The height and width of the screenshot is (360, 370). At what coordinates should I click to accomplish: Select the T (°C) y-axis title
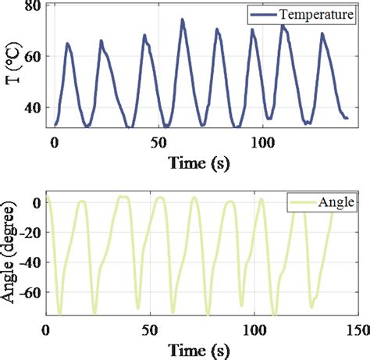(x=11, y=69)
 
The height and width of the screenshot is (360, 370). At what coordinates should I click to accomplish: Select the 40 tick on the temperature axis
(x=33, y=108)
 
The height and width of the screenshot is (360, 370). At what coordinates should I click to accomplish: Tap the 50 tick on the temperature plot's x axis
(x=158, y=142)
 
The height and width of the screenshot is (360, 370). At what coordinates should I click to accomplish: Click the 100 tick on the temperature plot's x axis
(x=263, y=142)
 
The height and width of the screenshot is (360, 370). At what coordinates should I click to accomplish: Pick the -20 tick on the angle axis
(x=28, y=233)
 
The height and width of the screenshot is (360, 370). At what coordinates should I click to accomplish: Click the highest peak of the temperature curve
(x=183, y=20)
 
